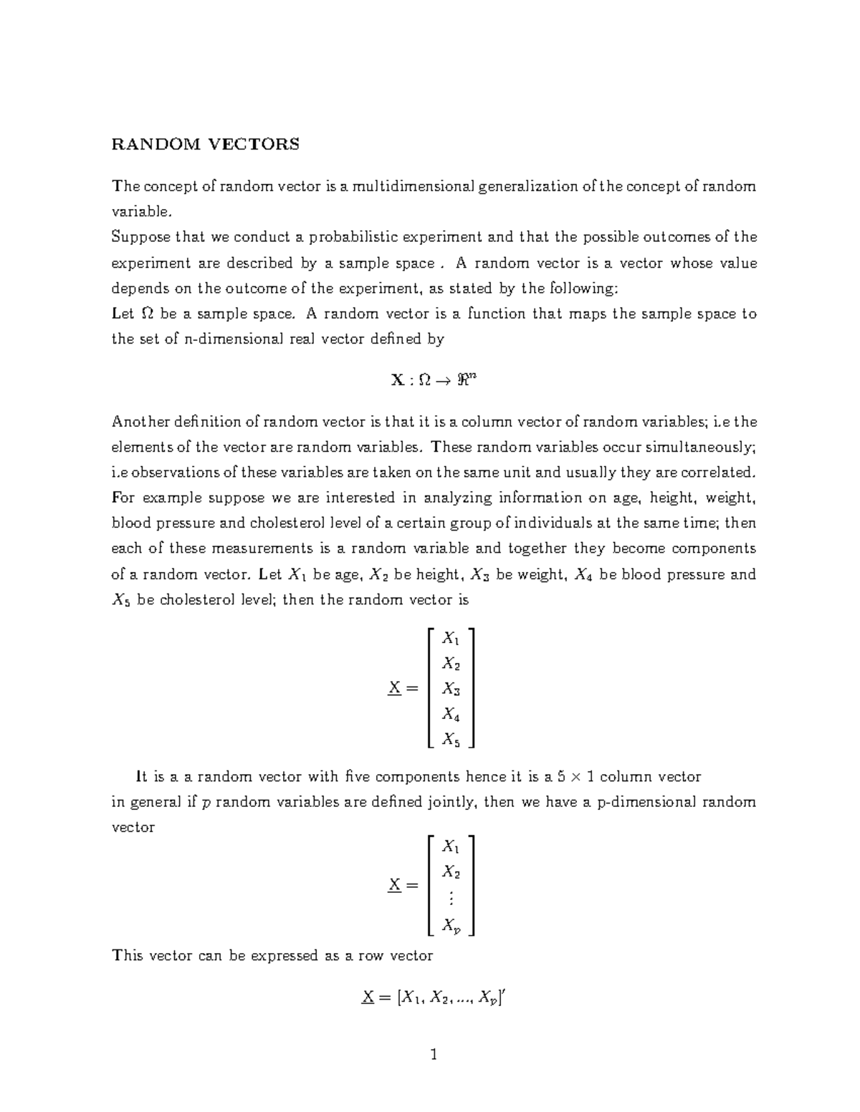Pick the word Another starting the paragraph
pyautogui.click(x=138, y=422)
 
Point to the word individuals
pyautogui.click(x=552, y=523)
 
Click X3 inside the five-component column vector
pyautogui.click(x=451, y=689)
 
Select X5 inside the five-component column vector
pyautogui.click(x=451, y=738)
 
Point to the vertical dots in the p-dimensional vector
pyautogui.click(x=450, y=899)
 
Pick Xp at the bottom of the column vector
pyautogui.click(x=451, y=926)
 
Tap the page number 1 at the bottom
pyautogui.click(x=433, y=1054)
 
